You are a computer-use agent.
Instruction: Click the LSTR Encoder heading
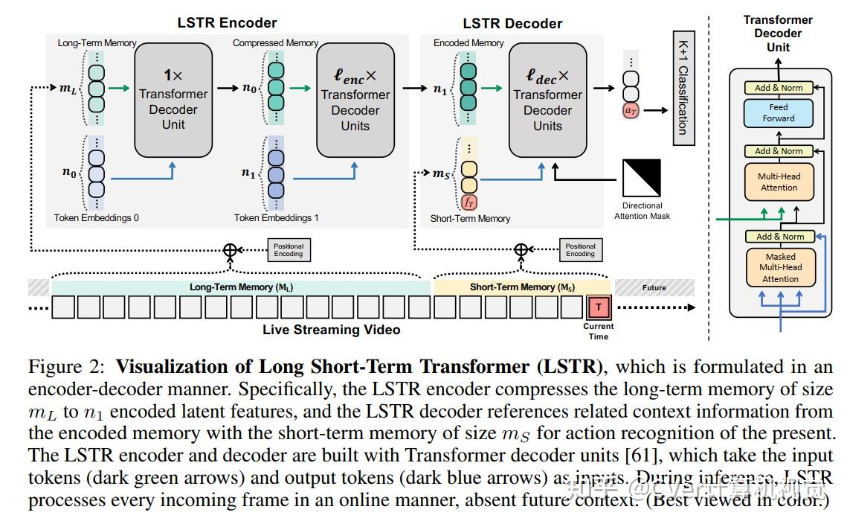[x=227, y=23]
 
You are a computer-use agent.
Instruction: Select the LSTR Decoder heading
[x=512, y=23]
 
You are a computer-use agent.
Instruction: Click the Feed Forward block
[x=778, y=112]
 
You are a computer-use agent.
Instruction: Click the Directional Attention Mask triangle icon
[x=643, y=178]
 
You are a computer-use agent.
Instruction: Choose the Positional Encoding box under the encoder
[x=288, y=250]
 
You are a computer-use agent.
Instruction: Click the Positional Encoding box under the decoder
[x=580, y=250]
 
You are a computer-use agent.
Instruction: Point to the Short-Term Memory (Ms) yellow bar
[x=522, y=287]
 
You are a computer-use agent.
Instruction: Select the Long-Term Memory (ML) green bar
[x=242, y=287]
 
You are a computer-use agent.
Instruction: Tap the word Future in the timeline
[x=654, y=287]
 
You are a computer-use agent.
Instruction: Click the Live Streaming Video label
[x=331, y=330]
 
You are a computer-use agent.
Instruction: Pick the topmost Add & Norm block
[x=779, y=88]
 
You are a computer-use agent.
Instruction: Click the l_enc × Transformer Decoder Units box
[x=355, y=100]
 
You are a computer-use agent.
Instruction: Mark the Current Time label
[x=598, y=331]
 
